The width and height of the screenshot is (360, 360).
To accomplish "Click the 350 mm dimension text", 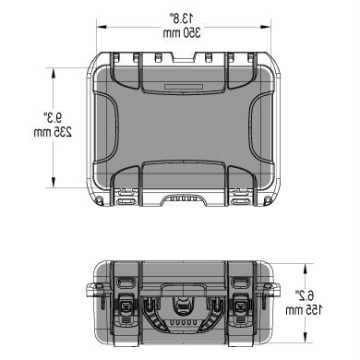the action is [x=182, y=32].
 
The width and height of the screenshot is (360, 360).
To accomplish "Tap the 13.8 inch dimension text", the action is [x=182, y=18].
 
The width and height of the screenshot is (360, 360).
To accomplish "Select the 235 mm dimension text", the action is [x=53, y=132].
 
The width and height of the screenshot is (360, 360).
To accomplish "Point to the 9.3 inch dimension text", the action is [x=53, y=117].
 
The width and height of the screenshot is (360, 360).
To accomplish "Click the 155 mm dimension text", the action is [x=304, y=310].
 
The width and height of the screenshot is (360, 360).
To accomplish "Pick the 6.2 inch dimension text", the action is [x=305, y=295].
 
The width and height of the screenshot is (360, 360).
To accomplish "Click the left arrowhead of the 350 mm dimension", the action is [x=102, y=27].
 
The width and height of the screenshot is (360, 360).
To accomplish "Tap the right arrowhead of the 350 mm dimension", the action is [x=266, y=27].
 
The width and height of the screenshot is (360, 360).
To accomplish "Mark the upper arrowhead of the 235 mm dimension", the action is [x=54, y=73].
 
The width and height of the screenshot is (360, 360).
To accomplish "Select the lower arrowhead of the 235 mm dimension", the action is [x=54, y=182].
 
